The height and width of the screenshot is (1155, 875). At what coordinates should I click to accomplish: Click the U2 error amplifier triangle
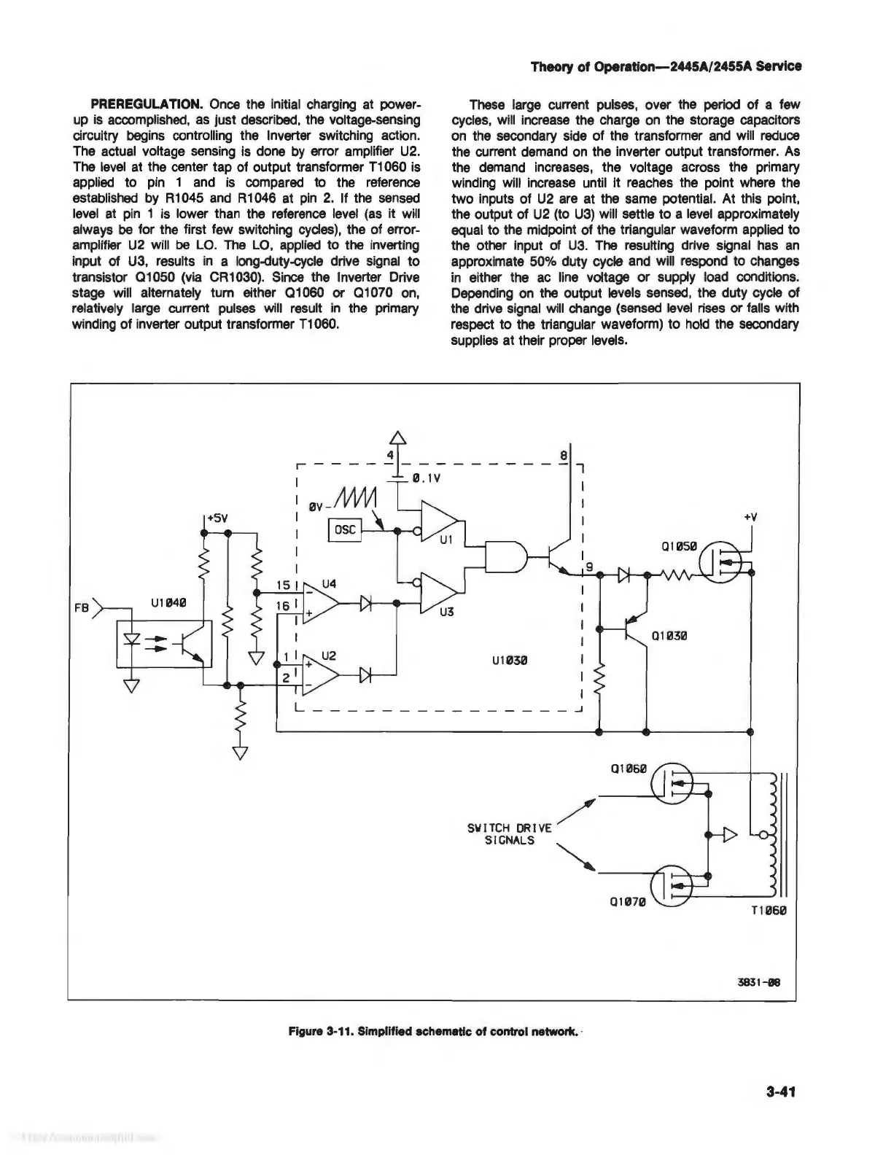point(319,676)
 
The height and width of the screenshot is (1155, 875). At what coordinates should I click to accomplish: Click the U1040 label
point(168,602)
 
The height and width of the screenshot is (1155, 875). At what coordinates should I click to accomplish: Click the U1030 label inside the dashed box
point(510,661)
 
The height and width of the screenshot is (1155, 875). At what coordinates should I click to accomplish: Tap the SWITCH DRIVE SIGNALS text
point(510,833)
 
